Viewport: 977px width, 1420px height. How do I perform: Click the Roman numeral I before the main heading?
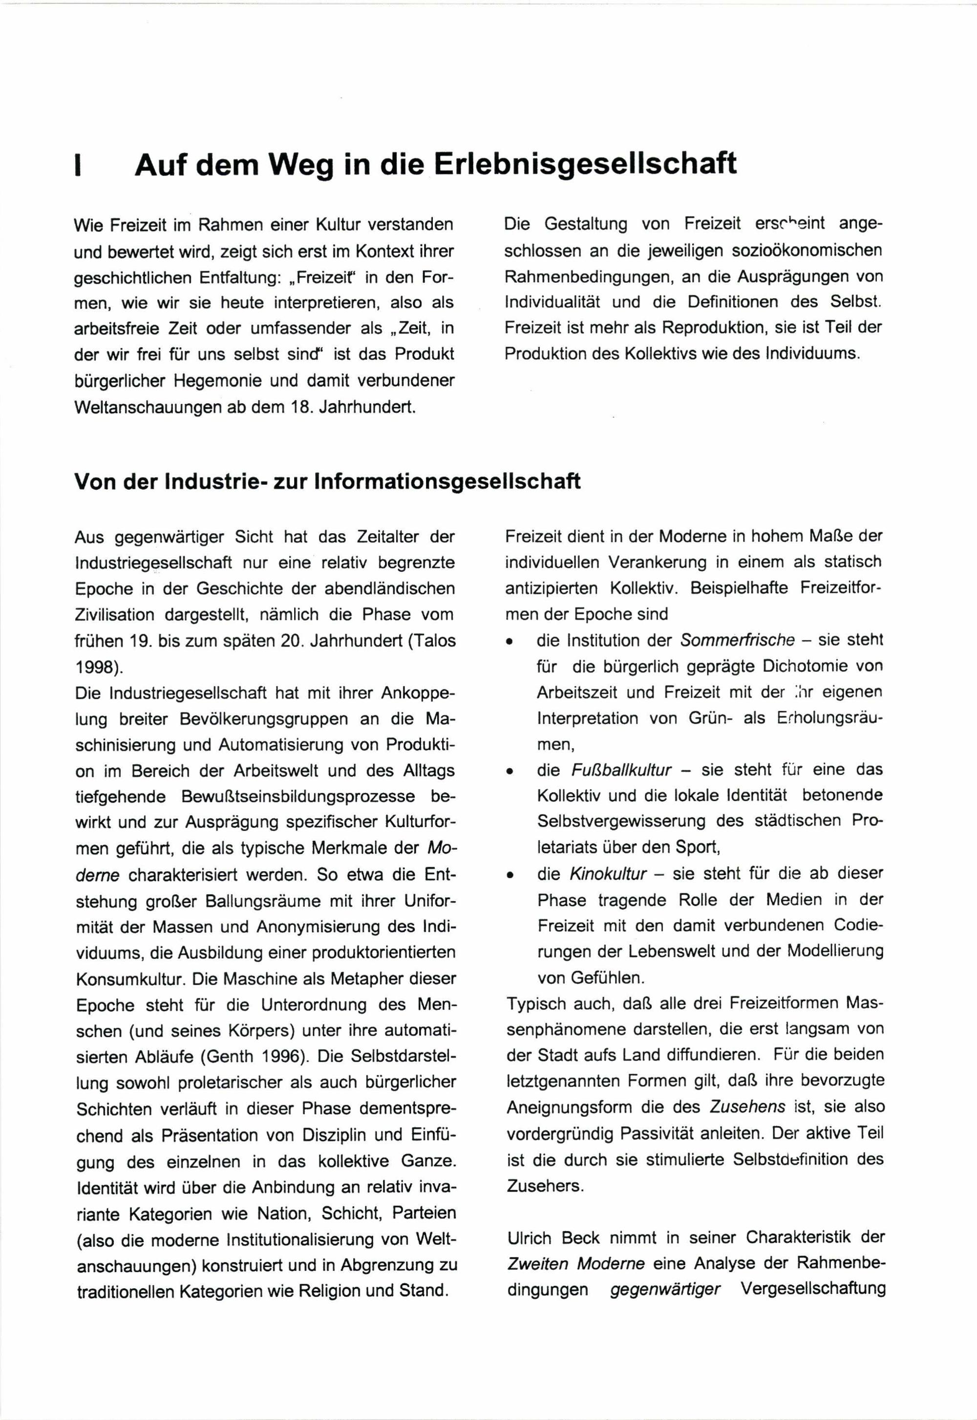point(77,167)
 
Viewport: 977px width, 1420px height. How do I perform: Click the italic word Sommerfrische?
point(738,641)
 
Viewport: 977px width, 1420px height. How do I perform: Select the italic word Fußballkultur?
point(621,770)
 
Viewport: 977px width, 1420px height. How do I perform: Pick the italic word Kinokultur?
point(608,874)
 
